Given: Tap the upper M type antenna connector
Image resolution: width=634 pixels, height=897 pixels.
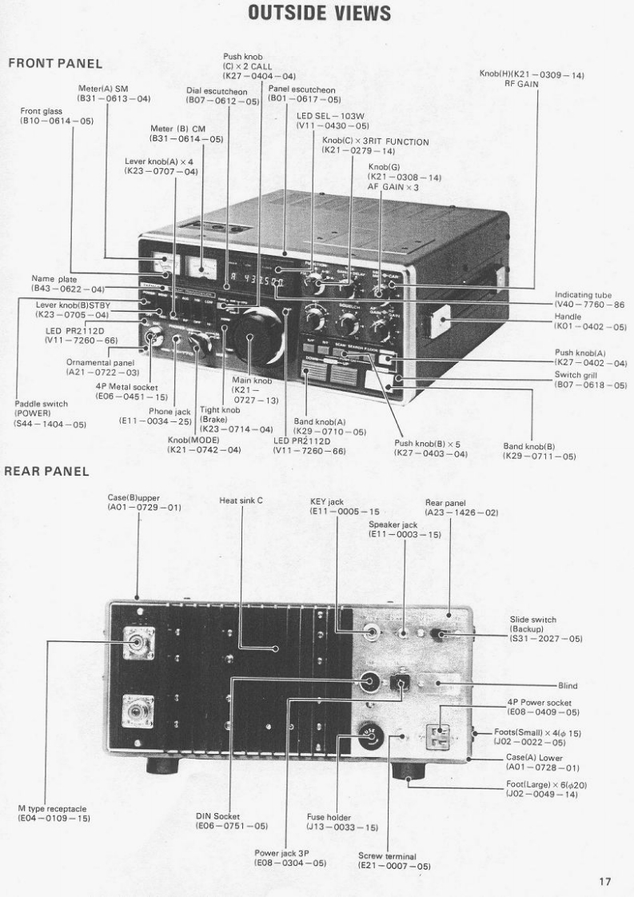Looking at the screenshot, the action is tap(138, 641).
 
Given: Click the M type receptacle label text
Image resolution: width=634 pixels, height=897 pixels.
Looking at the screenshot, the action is tap(52, 814).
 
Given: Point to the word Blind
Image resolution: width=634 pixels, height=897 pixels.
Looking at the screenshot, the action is tap(568, 685).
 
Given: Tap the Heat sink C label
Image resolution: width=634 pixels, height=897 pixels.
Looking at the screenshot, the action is tap(241, 500).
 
